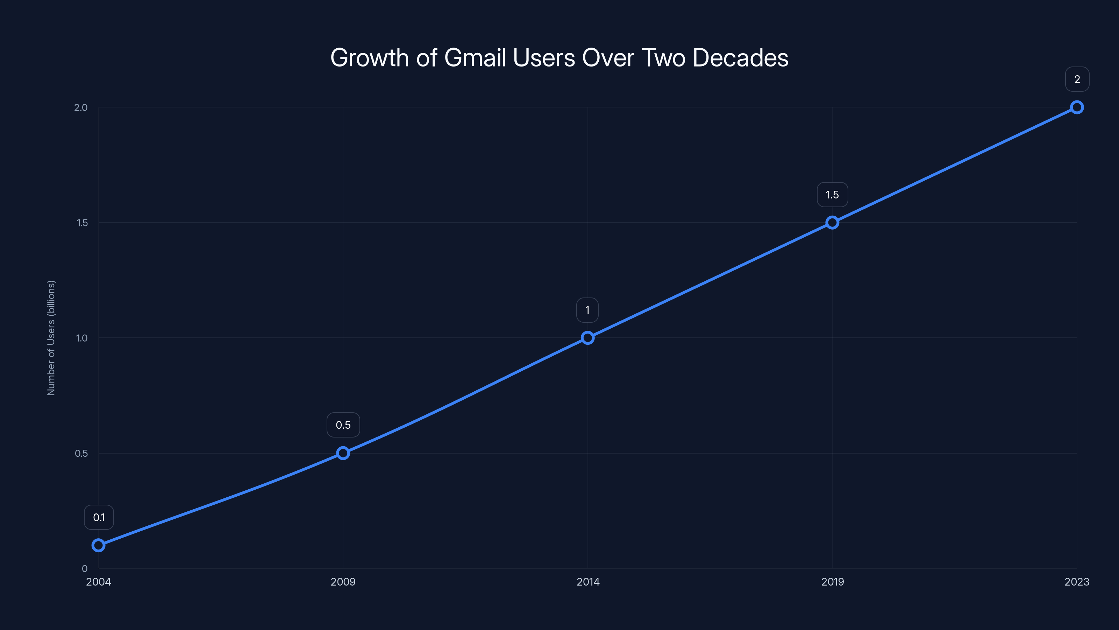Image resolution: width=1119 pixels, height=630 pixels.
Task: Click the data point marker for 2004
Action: tap(99, 545)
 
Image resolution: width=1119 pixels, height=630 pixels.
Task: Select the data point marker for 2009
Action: tap(343, 453)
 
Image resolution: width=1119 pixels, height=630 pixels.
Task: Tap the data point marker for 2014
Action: tap(588, 338)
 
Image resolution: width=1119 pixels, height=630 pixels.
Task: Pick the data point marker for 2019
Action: tap(832, 223)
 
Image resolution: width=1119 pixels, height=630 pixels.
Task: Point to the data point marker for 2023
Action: tap(1077, 107)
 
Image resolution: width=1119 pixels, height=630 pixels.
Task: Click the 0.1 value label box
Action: tap(99, 517)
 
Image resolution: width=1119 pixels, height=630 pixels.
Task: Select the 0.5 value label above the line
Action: tap(343, 425)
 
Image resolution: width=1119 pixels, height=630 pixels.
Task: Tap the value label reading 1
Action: tap(587, 310)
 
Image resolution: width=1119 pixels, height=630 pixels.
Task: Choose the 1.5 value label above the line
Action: tap(832, 195)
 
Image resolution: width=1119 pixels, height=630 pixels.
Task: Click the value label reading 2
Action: tap(1077, 79)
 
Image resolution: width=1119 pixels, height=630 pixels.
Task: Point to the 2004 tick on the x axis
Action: tap(99, 582)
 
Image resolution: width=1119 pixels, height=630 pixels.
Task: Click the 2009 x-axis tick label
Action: tap(343, 582)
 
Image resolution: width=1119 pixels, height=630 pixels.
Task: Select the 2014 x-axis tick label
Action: tap(588, 582)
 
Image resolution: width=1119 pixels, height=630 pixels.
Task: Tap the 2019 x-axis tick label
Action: tap(832, 582)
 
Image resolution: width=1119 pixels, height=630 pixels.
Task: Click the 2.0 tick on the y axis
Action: tap(81, 107)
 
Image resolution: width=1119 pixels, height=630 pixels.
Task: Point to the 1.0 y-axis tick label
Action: tap(82, 338)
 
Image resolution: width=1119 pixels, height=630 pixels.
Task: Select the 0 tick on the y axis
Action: tap(85, 568)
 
